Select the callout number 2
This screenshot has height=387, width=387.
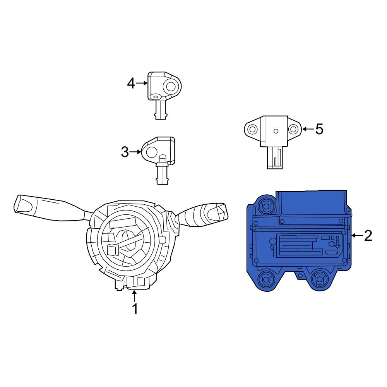pos(368,235)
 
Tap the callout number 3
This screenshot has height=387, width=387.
pos(125,152)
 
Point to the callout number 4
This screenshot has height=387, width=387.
pos(131,83)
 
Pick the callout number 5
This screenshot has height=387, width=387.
pos(319,129)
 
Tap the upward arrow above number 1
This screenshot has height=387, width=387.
pos(134,296)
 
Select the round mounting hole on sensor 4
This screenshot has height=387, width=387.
pos(170,86)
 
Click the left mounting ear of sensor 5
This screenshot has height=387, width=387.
pos(252,129)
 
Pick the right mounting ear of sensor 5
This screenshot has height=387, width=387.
pos(294,129)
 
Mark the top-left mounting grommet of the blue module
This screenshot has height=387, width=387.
pos(265,206)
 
